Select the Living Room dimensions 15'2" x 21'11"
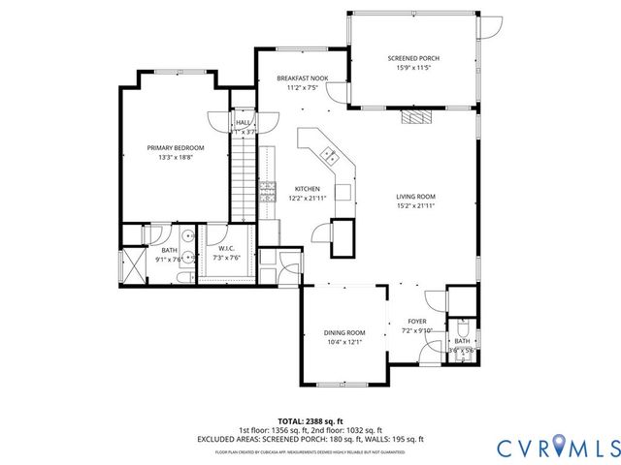[414, 205]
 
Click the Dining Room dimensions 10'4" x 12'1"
[343, 341]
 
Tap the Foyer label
[416, 322]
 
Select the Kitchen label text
[307, 189]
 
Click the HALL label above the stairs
[243, 123]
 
